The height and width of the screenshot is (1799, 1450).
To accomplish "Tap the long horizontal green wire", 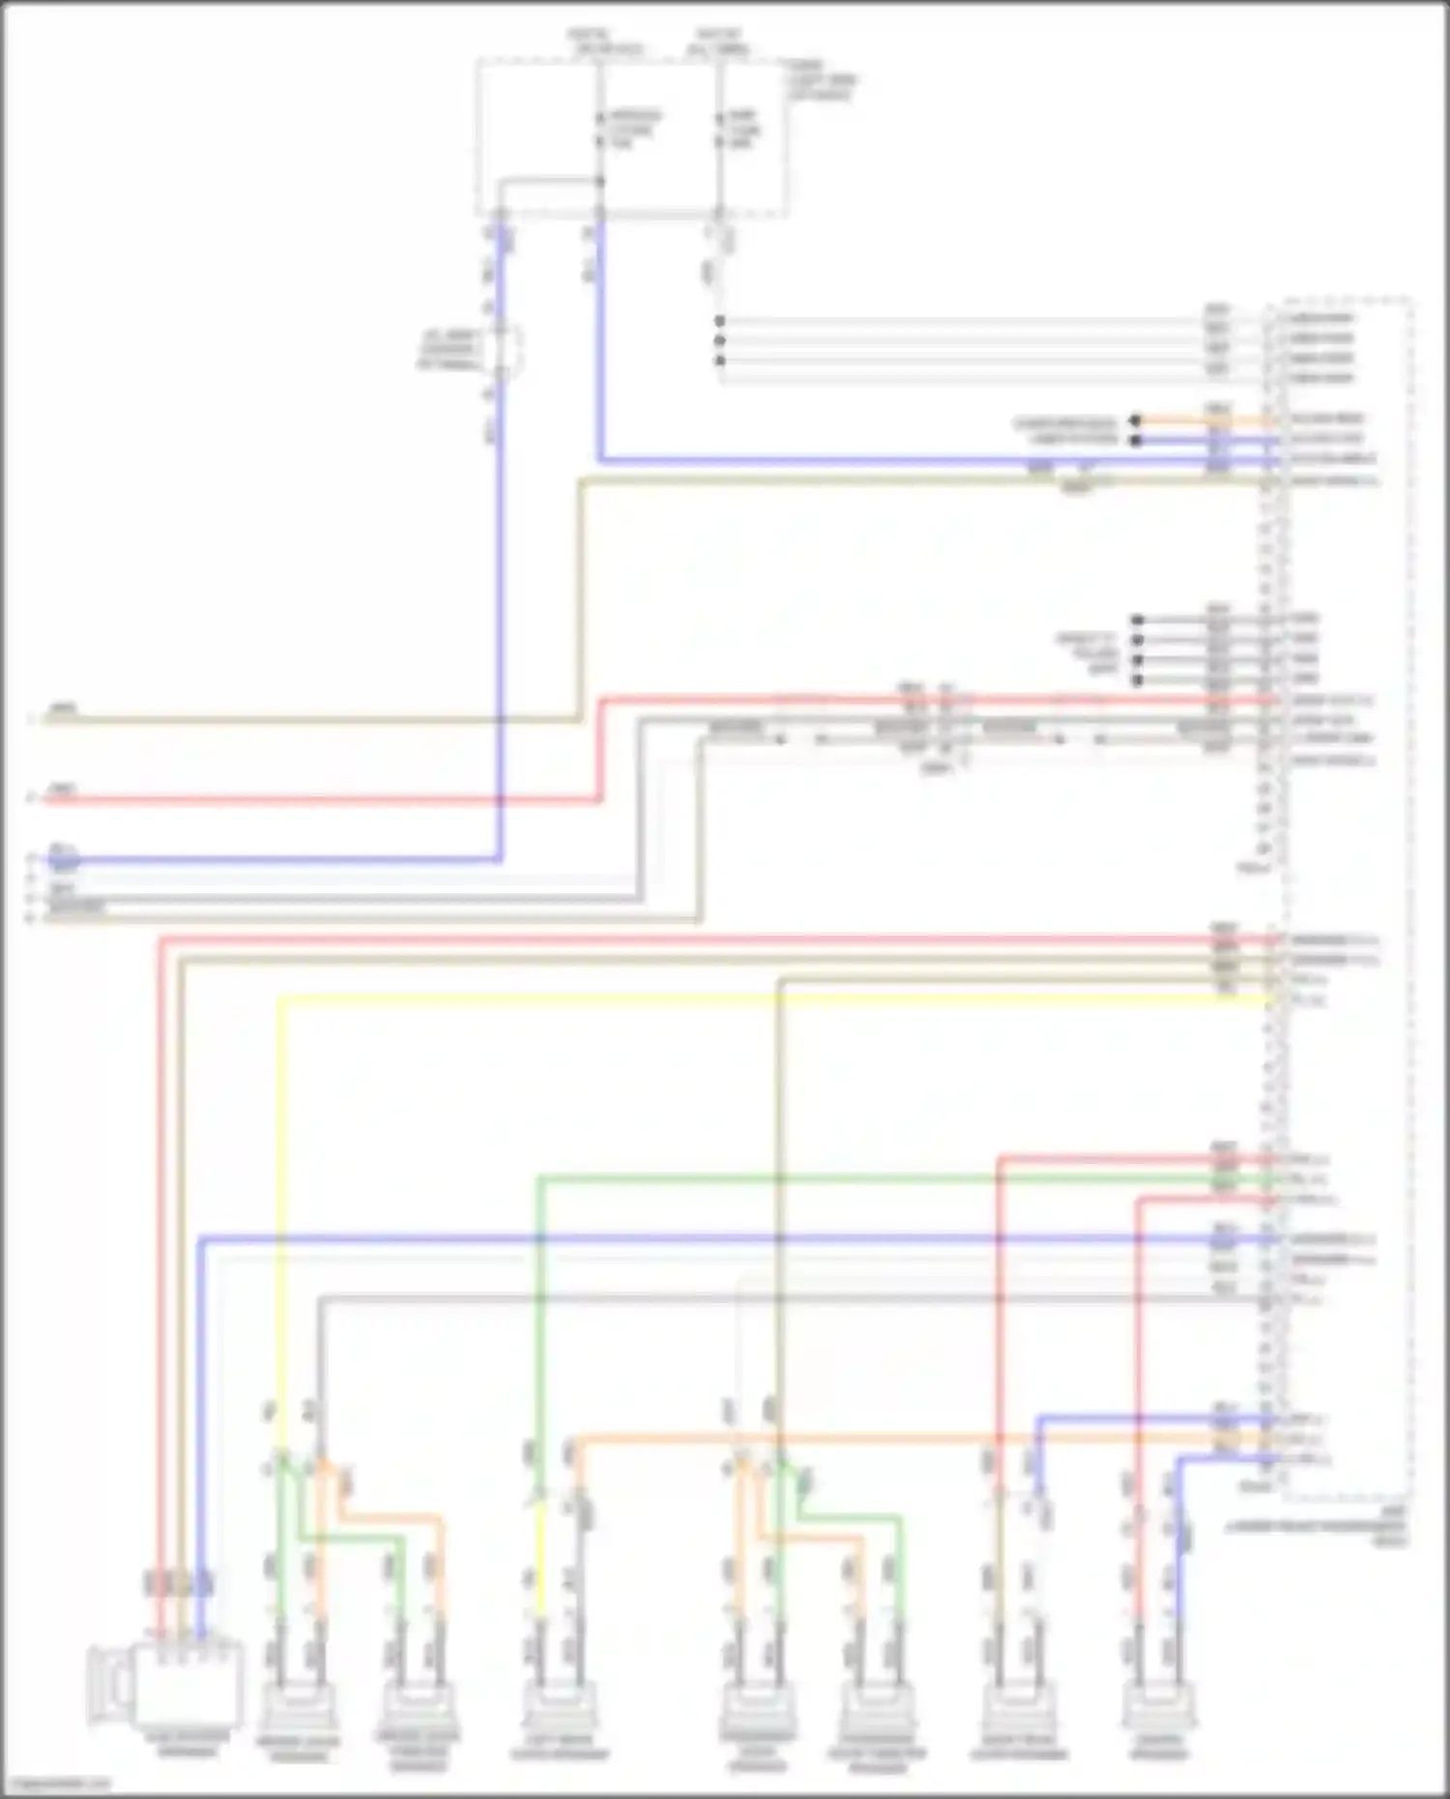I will [870, 1178].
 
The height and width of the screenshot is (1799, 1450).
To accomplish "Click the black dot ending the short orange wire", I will [1137, 421].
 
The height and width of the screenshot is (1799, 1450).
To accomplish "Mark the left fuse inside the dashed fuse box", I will [600, 131].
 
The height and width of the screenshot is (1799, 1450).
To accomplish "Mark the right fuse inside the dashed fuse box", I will [719, 131].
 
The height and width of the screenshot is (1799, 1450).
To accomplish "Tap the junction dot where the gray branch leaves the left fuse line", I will [600, 182].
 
